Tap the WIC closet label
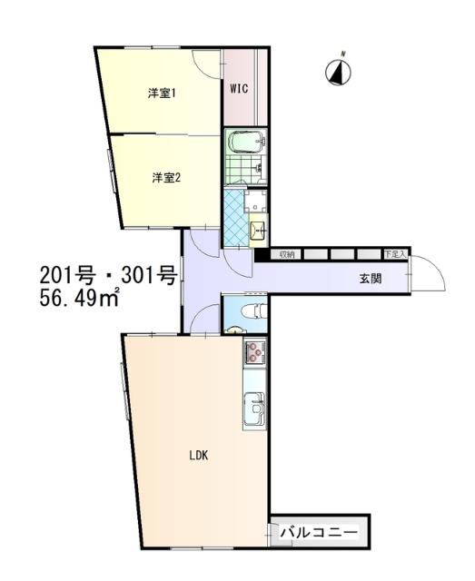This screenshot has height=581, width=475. click(240, 89)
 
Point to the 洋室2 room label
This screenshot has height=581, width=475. click(166, 178)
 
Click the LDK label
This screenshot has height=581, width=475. click(199, 456)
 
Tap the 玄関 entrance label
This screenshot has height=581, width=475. click(369, 279)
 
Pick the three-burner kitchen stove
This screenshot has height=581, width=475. click(253, 353)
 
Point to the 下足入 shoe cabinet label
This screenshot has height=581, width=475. click(395, 255)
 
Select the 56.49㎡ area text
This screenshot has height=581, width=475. click(80, 299)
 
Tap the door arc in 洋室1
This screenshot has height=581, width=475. click(207, 64)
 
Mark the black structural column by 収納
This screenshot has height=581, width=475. click(262, 255)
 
